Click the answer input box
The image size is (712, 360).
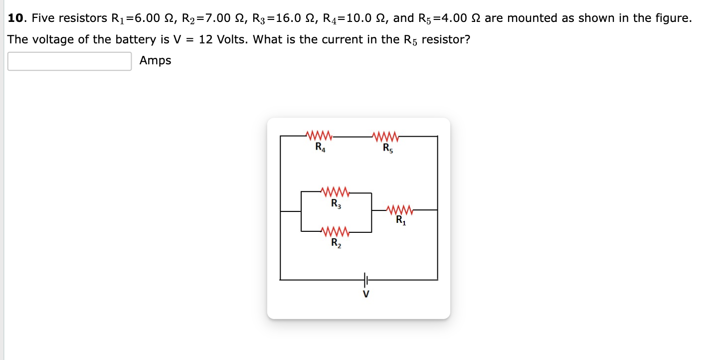click(x=70, y=61)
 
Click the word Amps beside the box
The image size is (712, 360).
click(x=155, y=61)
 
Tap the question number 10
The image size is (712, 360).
click(x=16, y=18)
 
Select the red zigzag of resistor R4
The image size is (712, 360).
click(x=319, y=135)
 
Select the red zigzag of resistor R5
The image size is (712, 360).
click(x=385, y=135)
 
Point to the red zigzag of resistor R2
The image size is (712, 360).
click(x=335, y=232)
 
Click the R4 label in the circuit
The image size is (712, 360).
click(x=320, y=147)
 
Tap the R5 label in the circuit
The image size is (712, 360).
click(x=387, y=148)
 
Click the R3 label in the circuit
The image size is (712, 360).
click(x=336, y=204)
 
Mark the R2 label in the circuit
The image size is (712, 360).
click(x=336, y=244)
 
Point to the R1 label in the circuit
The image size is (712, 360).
click(x=401, y=220)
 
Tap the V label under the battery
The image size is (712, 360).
click(x=366, y=294)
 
